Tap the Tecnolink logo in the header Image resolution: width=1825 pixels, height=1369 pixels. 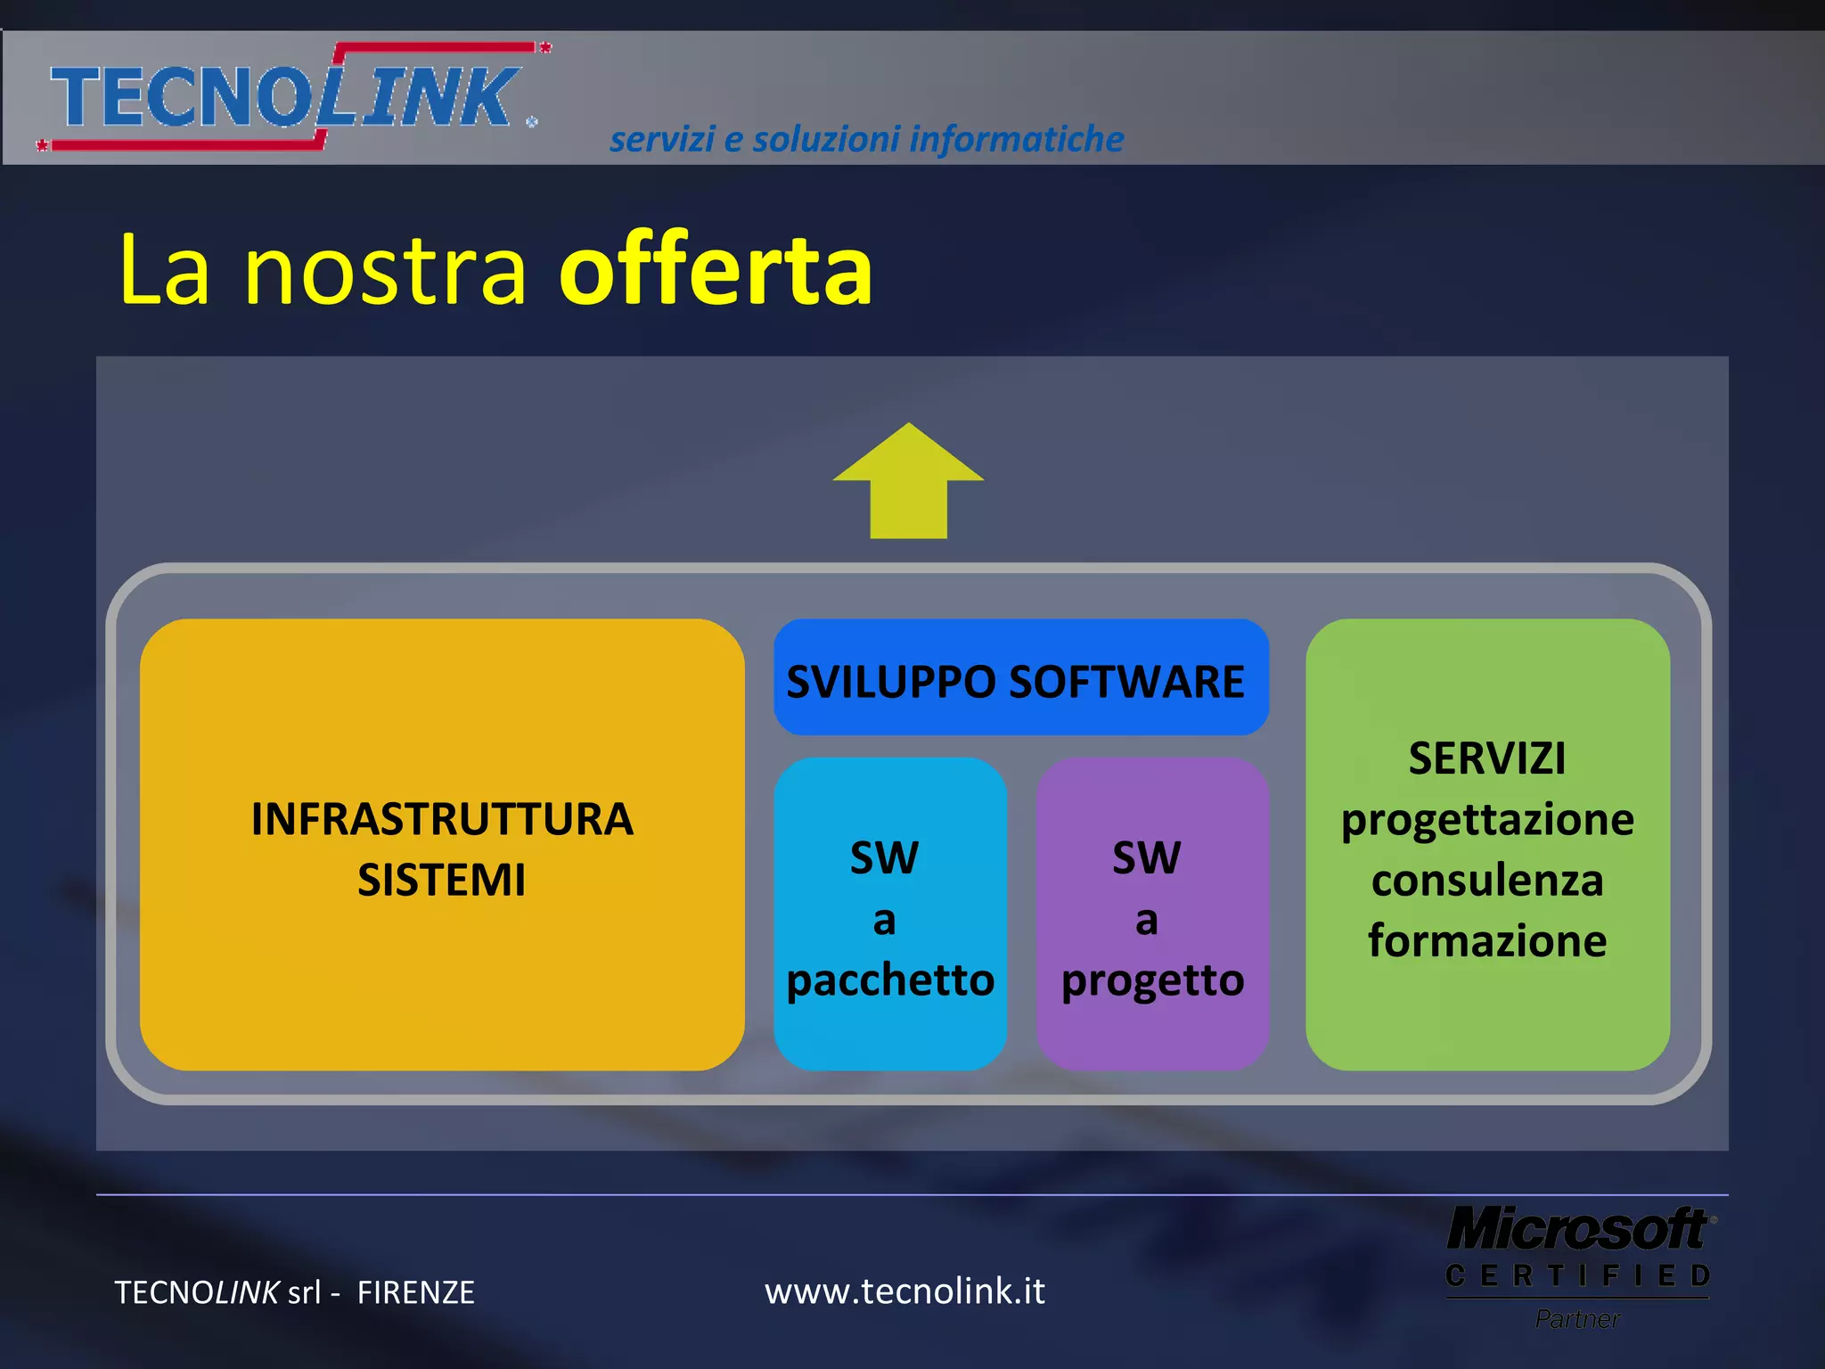(x=290, y=96)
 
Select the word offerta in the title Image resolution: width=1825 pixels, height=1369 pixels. (x=716, y=270)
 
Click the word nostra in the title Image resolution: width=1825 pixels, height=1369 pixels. (x=385, y=270)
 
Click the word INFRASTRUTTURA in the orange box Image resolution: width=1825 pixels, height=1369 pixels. (x=442, y=819)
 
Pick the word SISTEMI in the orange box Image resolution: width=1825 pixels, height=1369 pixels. (x=442, y=880)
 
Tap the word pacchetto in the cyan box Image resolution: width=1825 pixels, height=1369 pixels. (x=890, y=980)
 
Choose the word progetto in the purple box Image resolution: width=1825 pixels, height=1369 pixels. (x=1152, y=981)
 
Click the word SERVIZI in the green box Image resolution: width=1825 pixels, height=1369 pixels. (x=1486, y=758)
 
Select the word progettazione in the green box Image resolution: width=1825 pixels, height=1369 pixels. (x=1487, y=820)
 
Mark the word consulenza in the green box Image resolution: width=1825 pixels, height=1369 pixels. (x=1487, y=881)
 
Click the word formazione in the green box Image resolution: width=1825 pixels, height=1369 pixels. (x=1487, y=941)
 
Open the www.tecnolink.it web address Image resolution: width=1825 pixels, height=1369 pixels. (x=904, y=1291)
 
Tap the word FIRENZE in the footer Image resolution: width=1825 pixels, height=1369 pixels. (x=415, y=1292)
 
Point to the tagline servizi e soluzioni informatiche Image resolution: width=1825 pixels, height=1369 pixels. (x=866, y=139)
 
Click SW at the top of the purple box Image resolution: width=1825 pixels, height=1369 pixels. (x=1147, y=858)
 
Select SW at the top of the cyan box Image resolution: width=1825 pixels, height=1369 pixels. (x=884, y=858)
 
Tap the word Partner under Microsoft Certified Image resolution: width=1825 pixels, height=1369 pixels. (x=1577, y=1319)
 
